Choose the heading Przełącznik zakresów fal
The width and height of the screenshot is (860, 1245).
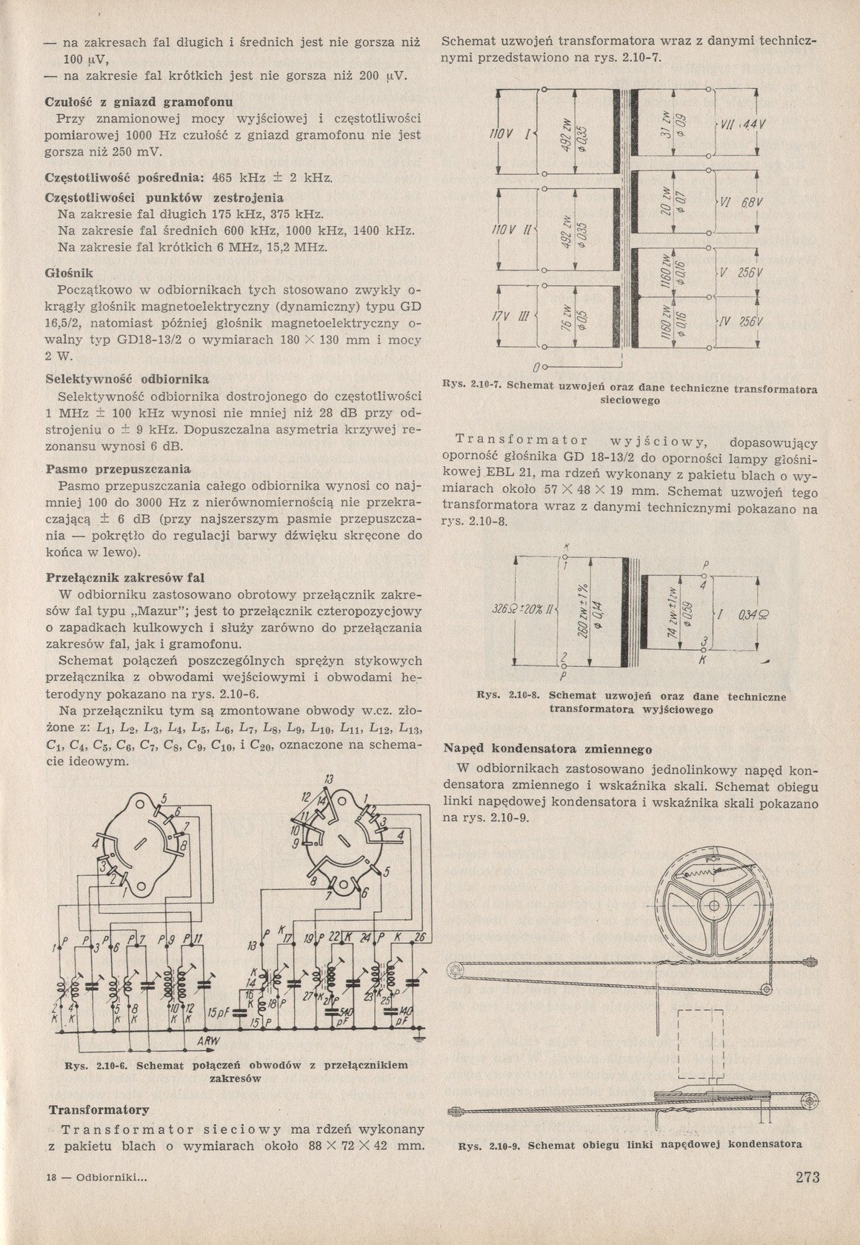(125, 577)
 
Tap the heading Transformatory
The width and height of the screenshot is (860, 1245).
(99, 1110)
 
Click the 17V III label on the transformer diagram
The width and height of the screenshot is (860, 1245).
(512, 318)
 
